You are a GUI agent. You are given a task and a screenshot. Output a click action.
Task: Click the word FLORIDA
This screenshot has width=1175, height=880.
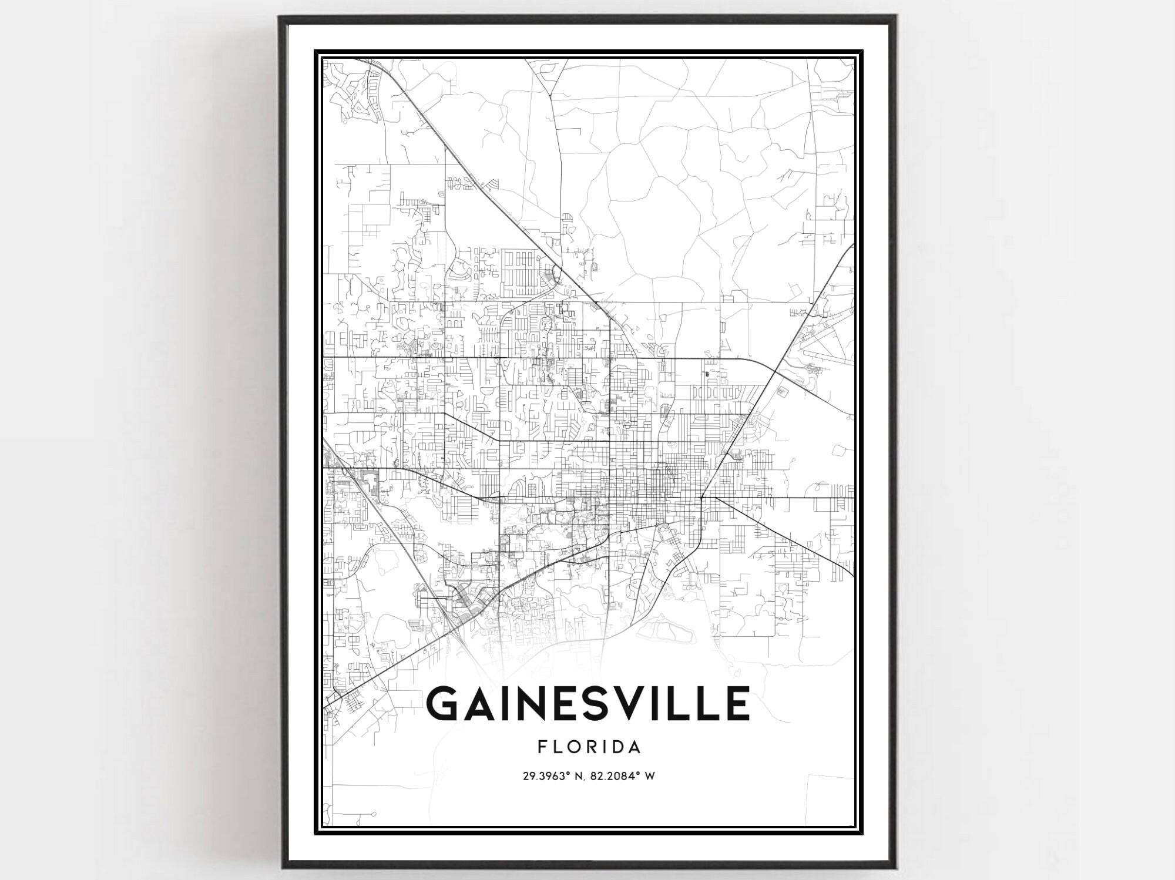coord(589,748)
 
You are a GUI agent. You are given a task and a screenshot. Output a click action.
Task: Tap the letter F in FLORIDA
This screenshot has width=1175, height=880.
coord(542,748)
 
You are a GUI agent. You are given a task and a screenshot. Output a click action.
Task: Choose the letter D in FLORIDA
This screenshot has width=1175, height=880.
coord(616,748)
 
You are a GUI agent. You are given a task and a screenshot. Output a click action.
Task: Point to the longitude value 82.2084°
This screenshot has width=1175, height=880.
coord(616,777)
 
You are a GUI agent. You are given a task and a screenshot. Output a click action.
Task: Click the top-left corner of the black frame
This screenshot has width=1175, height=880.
coord(280,18)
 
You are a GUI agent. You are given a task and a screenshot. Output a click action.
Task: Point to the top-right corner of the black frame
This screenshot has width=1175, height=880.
coord(895,18)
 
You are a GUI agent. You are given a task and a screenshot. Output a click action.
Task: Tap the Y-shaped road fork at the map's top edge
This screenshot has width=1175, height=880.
coord(551,93)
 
